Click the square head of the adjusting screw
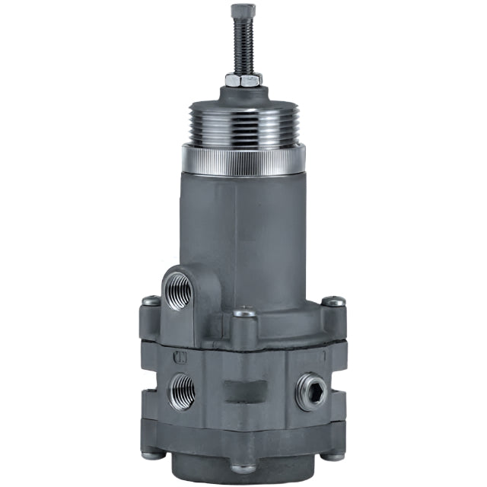(x=243, y=11)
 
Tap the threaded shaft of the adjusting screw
(x=243, y=46)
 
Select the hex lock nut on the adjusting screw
(x=243, y=78)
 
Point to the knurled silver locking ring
(x=243, y=158)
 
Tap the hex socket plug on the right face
(x=312, y=391)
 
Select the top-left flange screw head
(x=151, y=301)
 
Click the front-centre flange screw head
(x=244, y=313)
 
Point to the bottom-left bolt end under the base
(x=152, y=455)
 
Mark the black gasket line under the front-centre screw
(x=244, y=346)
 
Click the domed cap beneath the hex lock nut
(x=243, y=94)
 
